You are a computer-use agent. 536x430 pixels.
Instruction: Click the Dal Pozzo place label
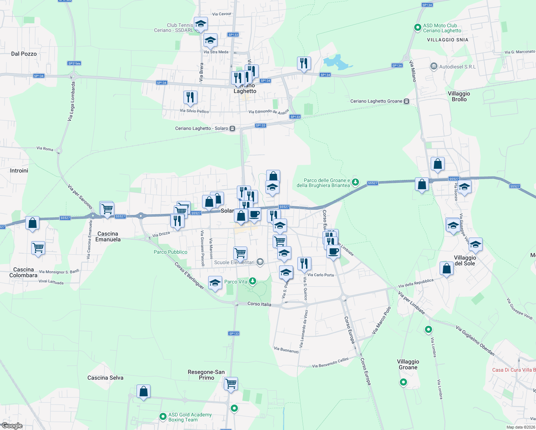(24, 54)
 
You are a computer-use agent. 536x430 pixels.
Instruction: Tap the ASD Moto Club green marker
(417, 27)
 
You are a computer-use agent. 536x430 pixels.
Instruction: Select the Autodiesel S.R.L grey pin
(434, 66)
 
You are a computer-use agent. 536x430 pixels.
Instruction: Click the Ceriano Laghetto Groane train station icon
(406, 101)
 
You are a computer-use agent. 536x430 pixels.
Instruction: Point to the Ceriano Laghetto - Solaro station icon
(232, 129)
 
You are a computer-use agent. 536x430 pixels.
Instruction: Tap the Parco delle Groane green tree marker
(355, 182)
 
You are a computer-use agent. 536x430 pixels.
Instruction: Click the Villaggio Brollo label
(459, 96)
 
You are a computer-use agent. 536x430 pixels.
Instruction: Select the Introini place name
(19, 171)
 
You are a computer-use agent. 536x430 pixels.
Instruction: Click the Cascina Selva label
(105, 378)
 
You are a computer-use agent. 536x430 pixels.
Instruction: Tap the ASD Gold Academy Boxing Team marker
(162, 416)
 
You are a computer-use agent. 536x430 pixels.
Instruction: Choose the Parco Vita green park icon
(253, 281)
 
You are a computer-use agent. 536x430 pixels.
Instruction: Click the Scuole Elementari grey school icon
(260, 262)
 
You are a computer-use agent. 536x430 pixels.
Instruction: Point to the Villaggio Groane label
(408, 364)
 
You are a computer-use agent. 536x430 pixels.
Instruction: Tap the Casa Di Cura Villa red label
(514, 370)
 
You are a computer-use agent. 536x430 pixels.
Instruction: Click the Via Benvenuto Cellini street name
(330, 363)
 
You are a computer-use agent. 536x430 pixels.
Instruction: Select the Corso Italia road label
(259, 304)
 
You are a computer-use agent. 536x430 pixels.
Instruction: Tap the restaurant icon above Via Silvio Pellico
(190, 97)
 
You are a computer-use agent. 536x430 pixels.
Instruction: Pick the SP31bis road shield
(74, 63)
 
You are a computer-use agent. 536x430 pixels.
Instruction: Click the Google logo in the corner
(12, 426)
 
